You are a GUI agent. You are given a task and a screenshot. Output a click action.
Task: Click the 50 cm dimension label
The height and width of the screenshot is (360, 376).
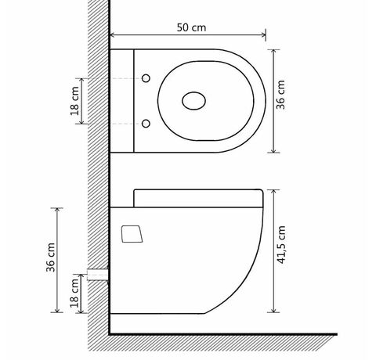[x=191, y=27]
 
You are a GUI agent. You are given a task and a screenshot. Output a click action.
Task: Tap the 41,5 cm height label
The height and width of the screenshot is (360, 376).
[x=281, y=245]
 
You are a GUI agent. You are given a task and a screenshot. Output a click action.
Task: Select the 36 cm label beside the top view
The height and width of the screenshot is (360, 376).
[x=280, y=95]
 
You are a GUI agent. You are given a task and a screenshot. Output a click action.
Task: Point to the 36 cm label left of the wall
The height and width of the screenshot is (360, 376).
[x=51, y=257]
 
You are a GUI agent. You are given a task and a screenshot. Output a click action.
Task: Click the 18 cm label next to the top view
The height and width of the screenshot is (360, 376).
[x=74, y=101]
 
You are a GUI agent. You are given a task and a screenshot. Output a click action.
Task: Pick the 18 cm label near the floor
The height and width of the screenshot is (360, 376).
[x=74, y=293]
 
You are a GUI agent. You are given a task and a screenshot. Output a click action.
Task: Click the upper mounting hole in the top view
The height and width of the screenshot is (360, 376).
[x=146, y=78]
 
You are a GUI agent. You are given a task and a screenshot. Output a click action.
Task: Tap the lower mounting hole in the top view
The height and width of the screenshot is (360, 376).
[x=146, y=124]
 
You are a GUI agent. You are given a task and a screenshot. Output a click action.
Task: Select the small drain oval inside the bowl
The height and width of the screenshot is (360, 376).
[x=193, y=101]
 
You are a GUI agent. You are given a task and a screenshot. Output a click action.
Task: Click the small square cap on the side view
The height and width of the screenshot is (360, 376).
[x=132, y=234]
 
